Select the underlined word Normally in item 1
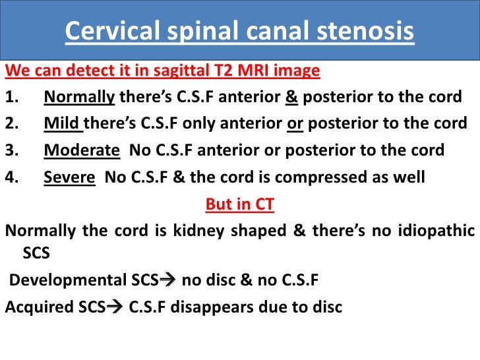coord(79,98)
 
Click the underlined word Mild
coord(62,124)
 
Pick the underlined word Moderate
coord(82,150)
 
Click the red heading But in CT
coord(240,204)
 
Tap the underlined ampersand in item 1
coord(291,98)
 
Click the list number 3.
coord(11,150)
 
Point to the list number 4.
coord(11,177)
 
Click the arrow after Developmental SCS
coord(169,280)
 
